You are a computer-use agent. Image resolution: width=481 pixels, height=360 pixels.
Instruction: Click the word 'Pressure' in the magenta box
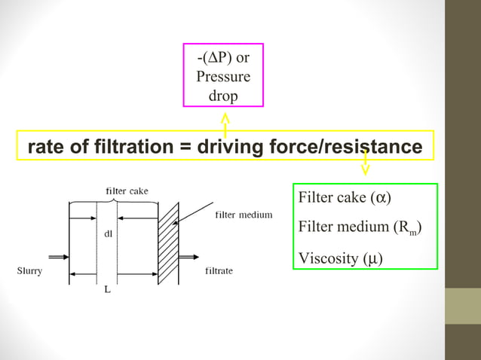click(223, 77)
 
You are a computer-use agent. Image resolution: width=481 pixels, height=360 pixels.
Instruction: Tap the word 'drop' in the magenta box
click(223, 96)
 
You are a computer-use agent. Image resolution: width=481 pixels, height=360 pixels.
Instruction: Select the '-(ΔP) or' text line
click(223, 58)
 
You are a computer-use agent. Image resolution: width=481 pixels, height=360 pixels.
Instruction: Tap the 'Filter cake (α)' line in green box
click(345, 198)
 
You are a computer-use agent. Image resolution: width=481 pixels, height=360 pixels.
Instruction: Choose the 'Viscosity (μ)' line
click(340, 258)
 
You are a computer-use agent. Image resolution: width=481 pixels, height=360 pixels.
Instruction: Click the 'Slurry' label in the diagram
click(29, 271)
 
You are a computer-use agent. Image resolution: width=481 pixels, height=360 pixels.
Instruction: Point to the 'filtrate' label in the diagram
click(219, 271)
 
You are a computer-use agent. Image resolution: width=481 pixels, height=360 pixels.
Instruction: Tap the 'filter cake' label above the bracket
click(127, 191)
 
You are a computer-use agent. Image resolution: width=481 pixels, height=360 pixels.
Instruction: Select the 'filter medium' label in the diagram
click(244, 215)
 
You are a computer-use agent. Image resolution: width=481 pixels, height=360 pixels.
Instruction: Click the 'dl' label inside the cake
click(109, 233)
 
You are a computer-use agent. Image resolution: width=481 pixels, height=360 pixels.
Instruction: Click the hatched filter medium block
click(168, 243)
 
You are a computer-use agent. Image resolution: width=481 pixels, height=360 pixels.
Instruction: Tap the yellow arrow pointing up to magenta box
click(225, 124)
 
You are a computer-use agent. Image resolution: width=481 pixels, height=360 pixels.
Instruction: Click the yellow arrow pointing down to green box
click(366, 164)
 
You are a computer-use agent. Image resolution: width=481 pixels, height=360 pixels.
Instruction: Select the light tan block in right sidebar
click(462, 306)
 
